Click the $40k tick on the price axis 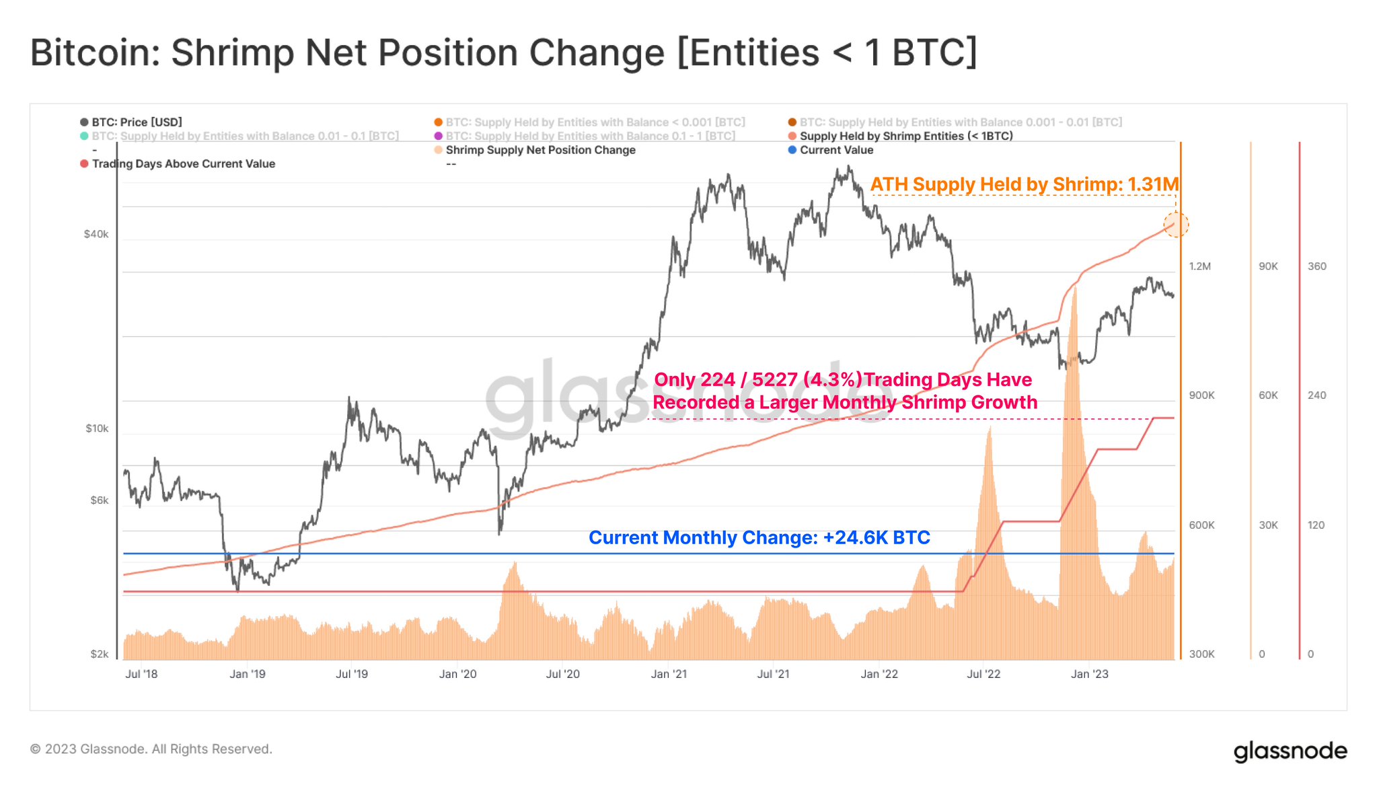96,234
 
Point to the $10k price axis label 97,428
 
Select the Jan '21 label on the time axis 669,674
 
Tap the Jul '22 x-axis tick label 983,674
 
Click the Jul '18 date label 141,674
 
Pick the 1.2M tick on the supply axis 1199,266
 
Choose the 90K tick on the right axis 1268,266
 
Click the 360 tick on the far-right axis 1316,266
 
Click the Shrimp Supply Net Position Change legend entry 540,150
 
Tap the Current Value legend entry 836,150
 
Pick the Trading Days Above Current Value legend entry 183,164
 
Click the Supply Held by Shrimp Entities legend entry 905,136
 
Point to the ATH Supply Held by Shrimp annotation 1024,184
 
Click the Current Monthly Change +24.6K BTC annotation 759,537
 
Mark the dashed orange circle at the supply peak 1176,224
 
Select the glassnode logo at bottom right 1290,751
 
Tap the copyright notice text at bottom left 151,749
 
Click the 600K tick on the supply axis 1201,525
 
